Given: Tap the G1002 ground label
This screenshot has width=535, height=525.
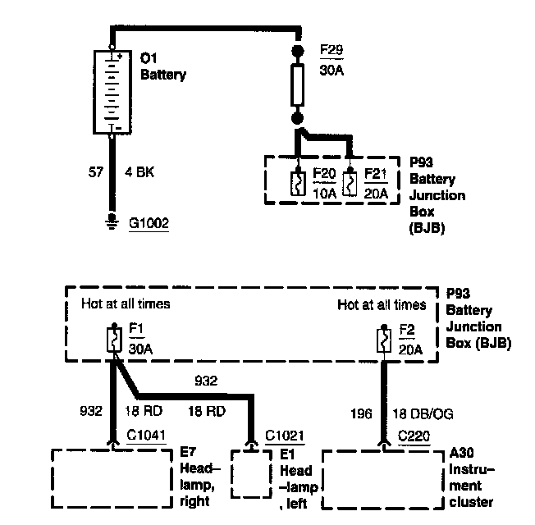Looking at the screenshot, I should pos(149,222).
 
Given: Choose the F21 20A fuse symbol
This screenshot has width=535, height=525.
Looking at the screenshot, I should pos(350,181).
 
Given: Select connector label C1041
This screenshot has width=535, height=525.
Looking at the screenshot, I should pos(146,435).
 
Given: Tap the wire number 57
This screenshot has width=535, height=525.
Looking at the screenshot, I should pos(95,173).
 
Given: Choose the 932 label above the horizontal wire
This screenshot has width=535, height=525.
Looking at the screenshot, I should pos(205,381).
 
